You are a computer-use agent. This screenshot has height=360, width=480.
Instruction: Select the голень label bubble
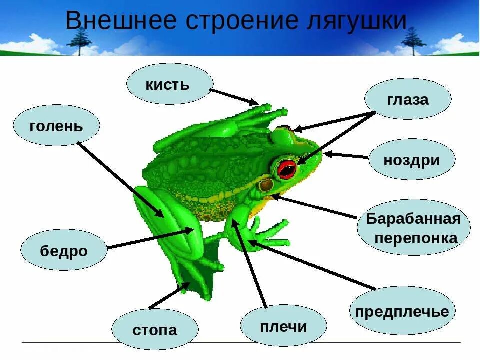(56, 125)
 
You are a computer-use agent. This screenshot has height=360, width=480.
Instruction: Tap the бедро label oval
(64, 250)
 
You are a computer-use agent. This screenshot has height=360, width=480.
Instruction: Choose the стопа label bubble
(155, 330)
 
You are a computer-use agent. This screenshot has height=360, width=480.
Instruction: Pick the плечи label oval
(283, 327)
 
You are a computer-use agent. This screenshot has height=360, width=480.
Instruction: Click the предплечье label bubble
(402, 311)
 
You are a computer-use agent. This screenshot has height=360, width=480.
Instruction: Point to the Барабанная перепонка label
(413, 228)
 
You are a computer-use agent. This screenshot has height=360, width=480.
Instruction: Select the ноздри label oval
(412, 160)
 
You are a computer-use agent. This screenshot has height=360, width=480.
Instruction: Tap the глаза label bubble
(408, 99)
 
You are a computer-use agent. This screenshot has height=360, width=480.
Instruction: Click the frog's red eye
(287, 168)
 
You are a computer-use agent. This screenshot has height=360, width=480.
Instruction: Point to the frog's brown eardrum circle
(266, 185)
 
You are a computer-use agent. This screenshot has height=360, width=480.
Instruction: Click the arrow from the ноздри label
(347, 156)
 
